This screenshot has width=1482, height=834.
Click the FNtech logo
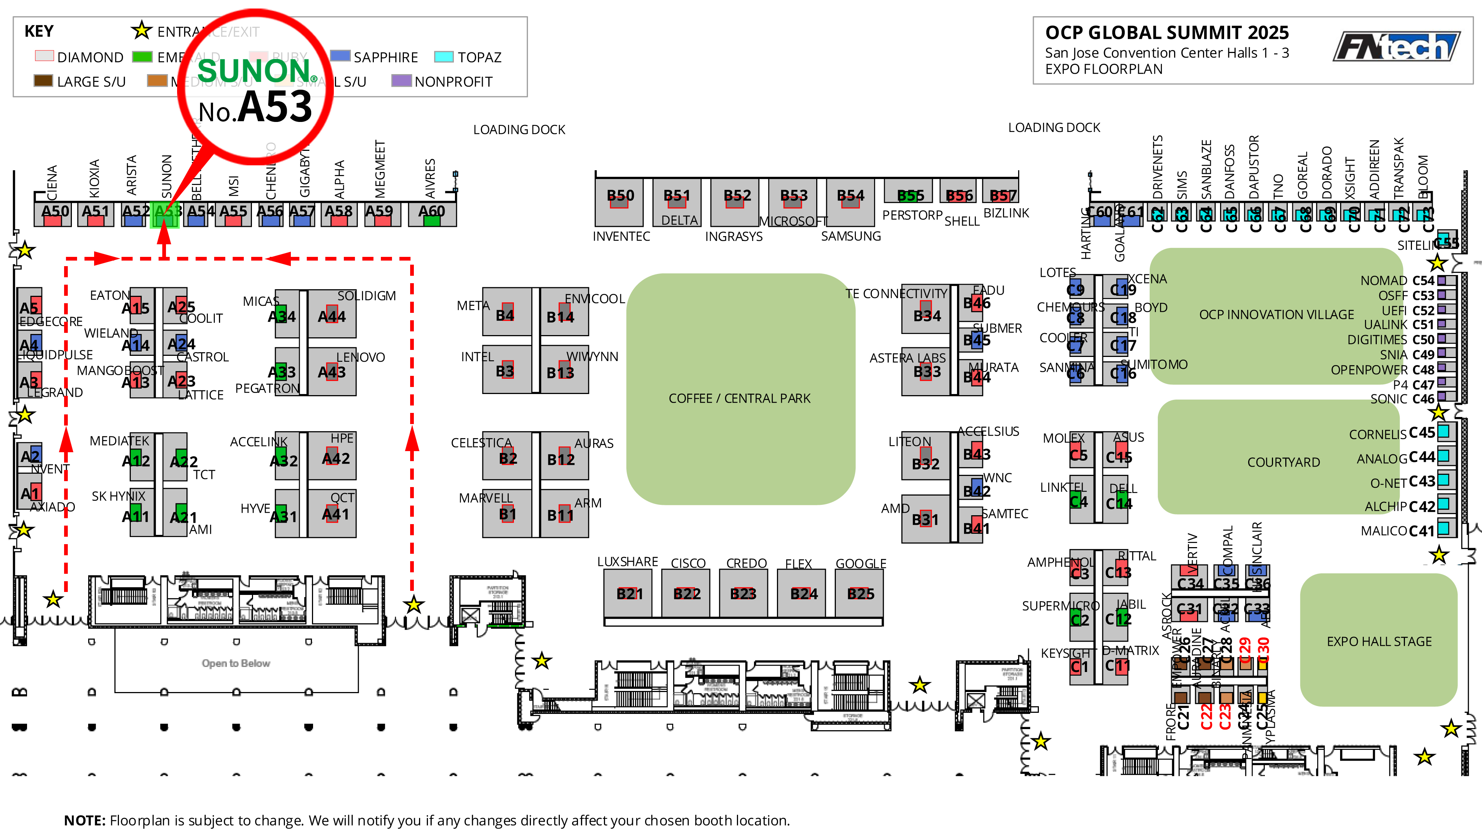pos(1397,47)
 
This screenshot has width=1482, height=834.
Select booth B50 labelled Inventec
pos(619,201)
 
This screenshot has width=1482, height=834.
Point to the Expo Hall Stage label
pos(1379,641)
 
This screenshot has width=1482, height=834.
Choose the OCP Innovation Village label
pos(1276,315)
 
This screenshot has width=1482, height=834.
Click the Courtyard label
pos(1283,462)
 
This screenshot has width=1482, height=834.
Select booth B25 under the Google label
pos(860,593)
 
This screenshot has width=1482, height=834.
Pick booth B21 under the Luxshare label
pos(629,593)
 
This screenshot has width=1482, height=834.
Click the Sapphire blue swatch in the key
pos(340,56)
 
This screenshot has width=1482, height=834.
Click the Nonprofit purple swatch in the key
pos(401,80)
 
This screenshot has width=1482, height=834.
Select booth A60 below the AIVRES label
pos(432,214)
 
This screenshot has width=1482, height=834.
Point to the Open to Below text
pos(236,663)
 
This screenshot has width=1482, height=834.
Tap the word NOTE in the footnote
pos(84,820)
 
